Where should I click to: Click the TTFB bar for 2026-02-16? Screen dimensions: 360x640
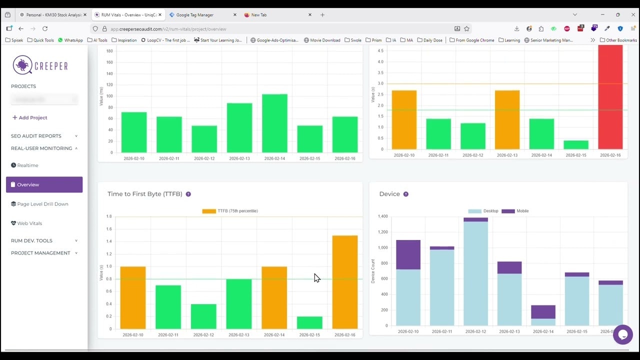click(344, 282)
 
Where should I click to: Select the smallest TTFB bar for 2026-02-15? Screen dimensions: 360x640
click(309, 322)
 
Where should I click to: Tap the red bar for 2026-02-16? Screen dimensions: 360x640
click(610, 97)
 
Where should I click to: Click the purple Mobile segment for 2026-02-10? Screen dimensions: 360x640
click(408, 254)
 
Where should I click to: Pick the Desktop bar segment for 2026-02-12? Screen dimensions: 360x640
click(475, 273)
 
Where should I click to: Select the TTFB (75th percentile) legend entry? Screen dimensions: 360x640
click(230, 211)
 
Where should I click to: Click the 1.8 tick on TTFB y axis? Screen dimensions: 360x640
click(109, 216)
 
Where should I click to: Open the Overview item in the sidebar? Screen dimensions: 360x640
click(44, 184)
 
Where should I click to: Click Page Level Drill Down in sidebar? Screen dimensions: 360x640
click(42, 204)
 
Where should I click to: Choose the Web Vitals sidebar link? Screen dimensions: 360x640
click(29, 223)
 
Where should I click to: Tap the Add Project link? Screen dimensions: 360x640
click(30, 117)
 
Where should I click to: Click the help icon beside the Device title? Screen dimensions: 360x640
click(405, 194)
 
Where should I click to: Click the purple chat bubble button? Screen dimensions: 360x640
click(622, 334)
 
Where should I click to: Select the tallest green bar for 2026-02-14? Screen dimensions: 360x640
click(274, 123)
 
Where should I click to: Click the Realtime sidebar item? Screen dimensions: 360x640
click(27, 165)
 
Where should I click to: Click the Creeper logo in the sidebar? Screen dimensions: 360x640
click(40, 65)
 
